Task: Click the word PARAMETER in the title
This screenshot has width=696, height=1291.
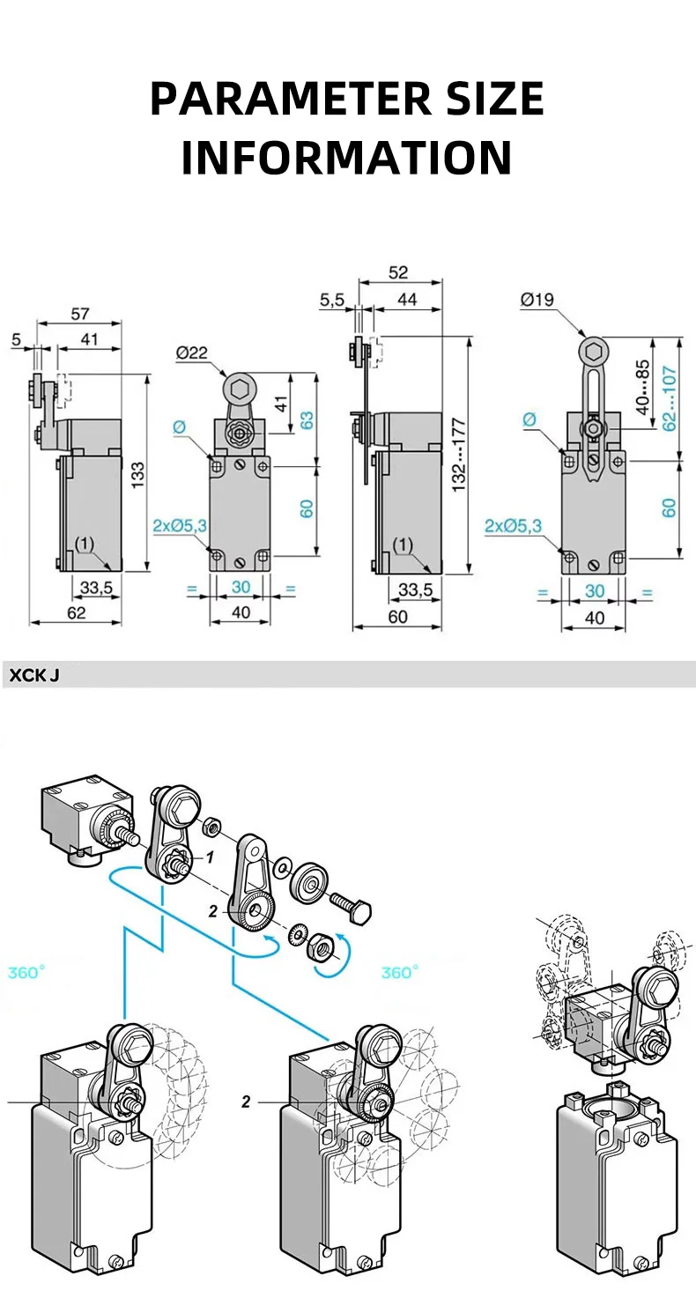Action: coord(291,99)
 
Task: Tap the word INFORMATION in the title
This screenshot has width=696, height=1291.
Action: coord(347,157)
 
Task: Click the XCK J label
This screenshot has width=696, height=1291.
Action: coord(34,675)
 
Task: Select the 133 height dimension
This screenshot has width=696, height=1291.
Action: coord(137,476)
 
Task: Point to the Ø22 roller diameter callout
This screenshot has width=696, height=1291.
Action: coord(191,352)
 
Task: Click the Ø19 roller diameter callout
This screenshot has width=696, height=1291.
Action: coord(537,299)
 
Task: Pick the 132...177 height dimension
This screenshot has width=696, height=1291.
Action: coord(459,455)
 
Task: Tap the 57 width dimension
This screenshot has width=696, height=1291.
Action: coord(80,314)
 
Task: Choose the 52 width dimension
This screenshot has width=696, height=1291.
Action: coord(398,272)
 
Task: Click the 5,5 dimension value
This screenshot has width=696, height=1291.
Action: coord(332,300)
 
